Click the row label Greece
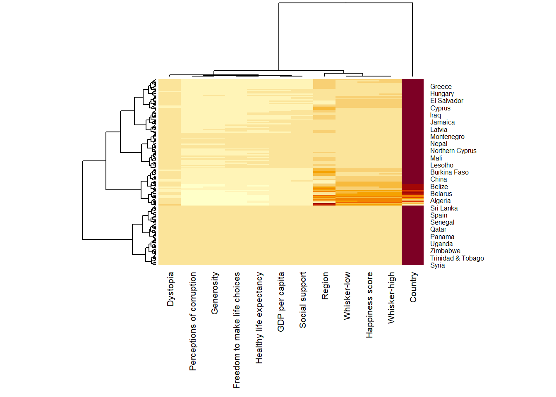441,87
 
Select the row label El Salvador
446,101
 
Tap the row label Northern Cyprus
453,151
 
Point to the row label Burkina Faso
449,172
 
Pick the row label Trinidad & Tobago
457,258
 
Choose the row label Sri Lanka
443,208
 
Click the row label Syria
437,265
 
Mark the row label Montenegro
447,137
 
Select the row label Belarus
441,194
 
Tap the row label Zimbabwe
445,251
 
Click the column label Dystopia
170,289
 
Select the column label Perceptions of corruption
193,321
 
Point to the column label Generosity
215,293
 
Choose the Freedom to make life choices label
237,330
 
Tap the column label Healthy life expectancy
259,318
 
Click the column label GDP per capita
281,302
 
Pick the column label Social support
303,300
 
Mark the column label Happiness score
369,305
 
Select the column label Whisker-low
347,296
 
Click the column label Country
413,287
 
